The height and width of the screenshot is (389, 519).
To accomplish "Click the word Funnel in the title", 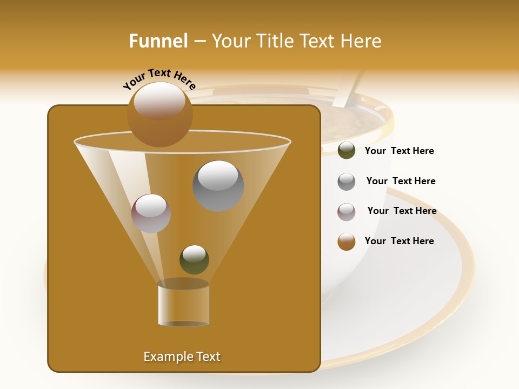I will point(158,41).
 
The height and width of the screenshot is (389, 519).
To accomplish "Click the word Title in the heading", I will point(275,41).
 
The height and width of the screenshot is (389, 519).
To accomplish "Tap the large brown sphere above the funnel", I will point(159,114).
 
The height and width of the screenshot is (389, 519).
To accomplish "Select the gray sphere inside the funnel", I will point(218,186).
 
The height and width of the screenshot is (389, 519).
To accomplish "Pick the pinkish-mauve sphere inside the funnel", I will point(151,213).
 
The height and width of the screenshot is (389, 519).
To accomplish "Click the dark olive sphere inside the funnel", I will point(194,259).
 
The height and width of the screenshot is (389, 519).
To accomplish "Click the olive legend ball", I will point(347,150).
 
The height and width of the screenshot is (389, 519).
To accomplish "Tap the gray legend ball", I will point(347,182).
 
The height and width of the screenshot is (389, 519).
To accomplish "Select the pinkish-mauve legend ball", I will point(347,212).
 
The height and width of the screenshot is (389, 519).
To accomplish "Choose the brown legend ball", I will point(347,242).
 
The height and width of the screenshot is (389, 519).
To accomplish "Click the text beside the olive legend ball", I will point(399,151).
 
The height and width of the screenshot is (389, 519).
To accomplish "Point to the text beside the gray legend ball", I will point(401,181).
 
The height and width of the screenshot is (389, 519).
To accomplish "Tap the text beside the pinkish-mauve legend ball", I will point(402,211).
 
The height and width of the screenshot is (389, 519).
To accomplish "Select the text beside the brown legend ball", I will point(399,241).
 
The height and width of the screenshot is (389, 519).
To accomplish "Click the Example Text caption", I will point(182,357).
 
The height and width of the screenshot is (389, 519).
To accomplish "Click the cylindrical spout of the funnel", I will point(183,304).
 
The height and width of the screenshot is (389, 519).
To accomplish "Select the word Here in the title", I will point(362,41).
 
